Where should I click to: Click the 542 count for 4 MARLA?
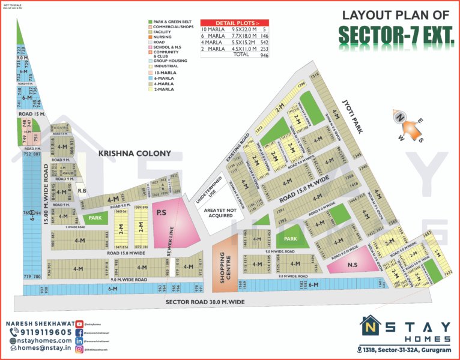point(262,41)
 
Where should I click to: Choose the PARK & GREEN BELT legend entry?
point(172,22)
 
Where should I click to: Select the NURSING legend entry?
point(162,37)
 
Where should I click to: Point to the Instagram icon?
point(79,349)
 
